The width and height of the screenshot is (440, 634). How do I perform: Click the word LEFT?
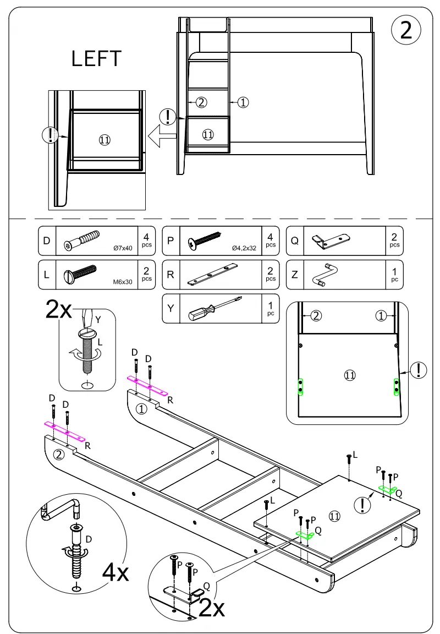pyautogui.click(x=96, y=59)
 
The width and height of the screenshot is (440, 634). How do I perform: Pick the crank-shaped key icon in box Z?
pyautogui.click(x=324, y=274)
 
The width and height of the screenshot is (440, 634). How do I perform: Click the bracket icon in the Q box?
pyautogui.click(x=331, y=241)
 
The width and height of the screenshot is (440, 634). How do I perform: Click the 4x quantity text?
pyautogui.click(x=116, y=573)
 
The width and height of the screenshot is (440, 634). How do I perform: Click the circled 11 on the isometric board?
pyautogui.click(x=335, y=516)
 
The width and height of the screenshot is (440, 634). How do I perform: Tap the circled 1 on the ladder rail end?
pyautogui.click(x=141, y=408)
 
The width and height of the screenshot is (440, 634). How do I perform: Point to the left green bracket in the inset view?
pyautogui.click(x=301, y=386)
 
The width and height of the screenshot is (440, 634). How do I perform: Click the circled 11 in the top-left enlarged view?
pyautogui.click(x=105, y=140)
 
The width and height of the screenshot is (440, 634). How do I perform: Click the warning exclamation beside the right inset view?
pyautogui.click(x=419, y=370)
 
